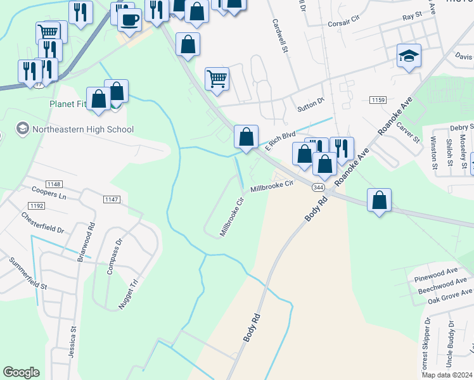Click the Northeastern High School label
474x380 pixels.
tap(84, 129)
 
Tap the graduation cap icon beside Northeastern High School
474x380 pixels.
tap(23, 129)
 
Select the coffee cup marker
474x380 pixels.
tap(129, 20)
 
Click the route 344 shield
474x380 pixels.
tap(319, 187)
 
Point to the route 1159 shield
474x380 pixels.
tap(378, 100)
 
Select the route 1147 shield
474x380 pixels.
tap(111, 199)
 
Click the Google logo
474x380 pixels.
tap(21, 372)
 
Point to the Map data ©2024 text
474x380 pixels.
tap(447, 375)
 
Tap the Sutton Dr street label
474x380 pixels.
tap(311, 104)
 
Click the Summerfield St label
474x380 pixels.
tap(28, 274)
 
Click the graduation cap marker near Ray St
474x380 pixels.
tap(409, 56)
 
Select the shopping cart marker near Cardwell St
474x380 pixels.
tap(217, 79)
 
